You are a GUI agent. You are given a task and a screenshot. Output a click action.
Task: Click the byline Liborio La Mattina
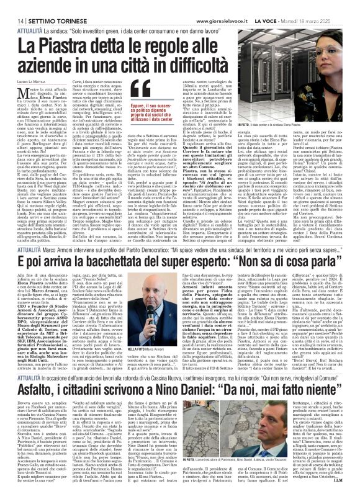click(x=28, y=83)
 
